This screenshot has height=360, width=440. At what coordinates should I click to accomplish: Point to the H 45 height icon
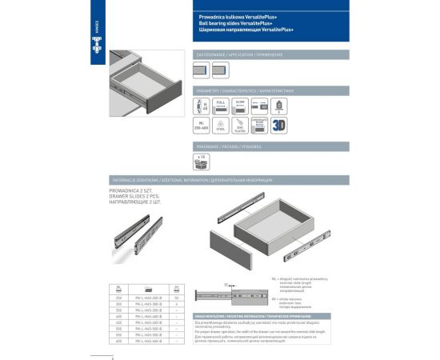pos(201,107)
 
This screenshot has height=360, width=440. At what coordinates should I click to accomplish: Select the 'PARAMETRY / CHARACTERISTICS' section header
pos(240,91)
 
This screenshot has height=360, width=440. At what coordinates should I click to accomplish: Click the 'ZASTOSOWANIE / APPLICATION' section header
pos(240,54)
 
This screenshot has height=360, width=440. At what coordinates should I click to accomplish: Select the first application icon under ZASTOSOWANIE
pos(201,70)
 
